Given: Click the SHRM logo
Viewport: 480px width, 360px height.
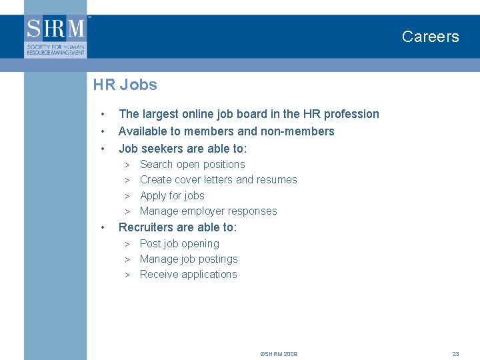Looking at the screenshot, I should click(x=56, y=36).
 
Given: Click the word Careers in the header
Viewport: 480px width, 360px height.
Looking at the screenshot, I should click(x=430, y=37).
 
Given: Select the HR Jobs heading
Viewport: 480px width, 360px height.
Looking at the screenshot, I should click(x=125, y=85).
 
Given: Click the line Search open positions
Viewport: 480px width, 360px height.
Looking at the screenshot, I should click(x=192, y=165).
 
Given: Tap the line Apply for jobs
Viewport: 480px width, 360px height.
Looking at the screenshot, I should click(x=172, y=196).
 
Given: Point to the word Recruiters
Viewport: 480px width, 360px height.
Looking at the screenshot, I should click(x=145, y=227).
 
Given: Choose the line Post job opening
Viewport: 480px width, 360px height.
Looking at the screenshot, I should click(x=179, y=244).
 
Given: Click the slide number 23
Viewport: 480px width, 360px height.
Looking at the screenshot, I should click(x=456, y=354).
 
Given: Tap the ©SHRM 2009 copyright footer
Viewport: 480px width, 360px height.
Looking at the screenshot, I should click(x=279, y=354).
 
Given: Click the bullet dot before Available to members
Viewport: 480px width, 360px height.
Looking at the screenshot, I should click(x=103, y=132).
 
